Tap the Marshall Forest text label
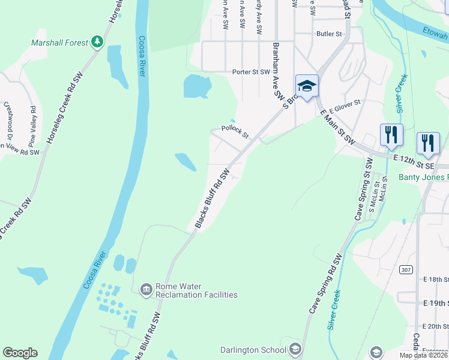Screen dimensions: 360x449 tap(59, 43)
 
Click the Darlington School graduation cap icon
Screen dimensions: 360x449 tap(295, 349)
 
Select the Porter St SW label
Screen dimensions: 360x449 tap(252, 72)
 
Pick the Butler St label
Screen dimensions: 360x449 tap(330, 34)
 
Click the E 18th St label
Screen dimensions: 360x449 tap(436, 280)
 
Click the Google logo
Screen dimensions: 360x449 tap(20, 353)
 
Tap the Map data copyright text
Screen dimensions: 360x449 tap(424, 355)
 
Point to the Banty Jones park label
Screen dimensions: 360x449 tap(424, 177)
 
